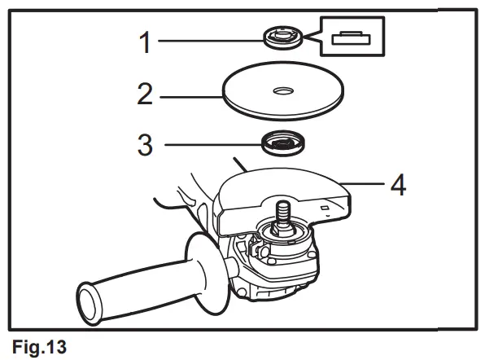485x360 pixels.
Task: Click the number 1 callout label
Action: (145, 42)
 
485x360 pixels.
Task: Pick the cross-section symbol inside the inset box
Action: (352, 36)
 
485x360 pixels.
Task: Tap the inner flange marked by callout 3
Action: (282, 144)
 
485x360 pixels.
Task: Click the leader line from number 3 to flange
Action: (212, 145)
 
